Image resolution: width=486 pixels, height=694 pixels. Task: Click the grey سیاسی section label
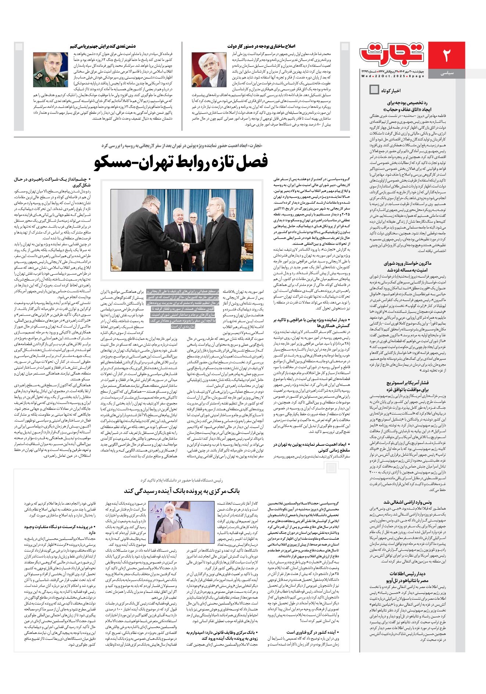447,73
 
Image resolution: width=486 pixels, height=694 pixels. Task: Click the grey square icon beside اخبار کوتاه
374,90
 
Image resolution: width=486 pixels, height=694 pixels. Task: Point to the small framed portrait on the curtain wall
232,212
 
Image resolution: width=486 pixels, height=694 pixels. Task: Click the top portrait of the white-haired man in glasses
209,69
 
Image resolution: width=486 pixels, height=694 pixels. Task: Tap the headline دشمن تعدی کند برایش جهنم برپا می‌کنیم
102,46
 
